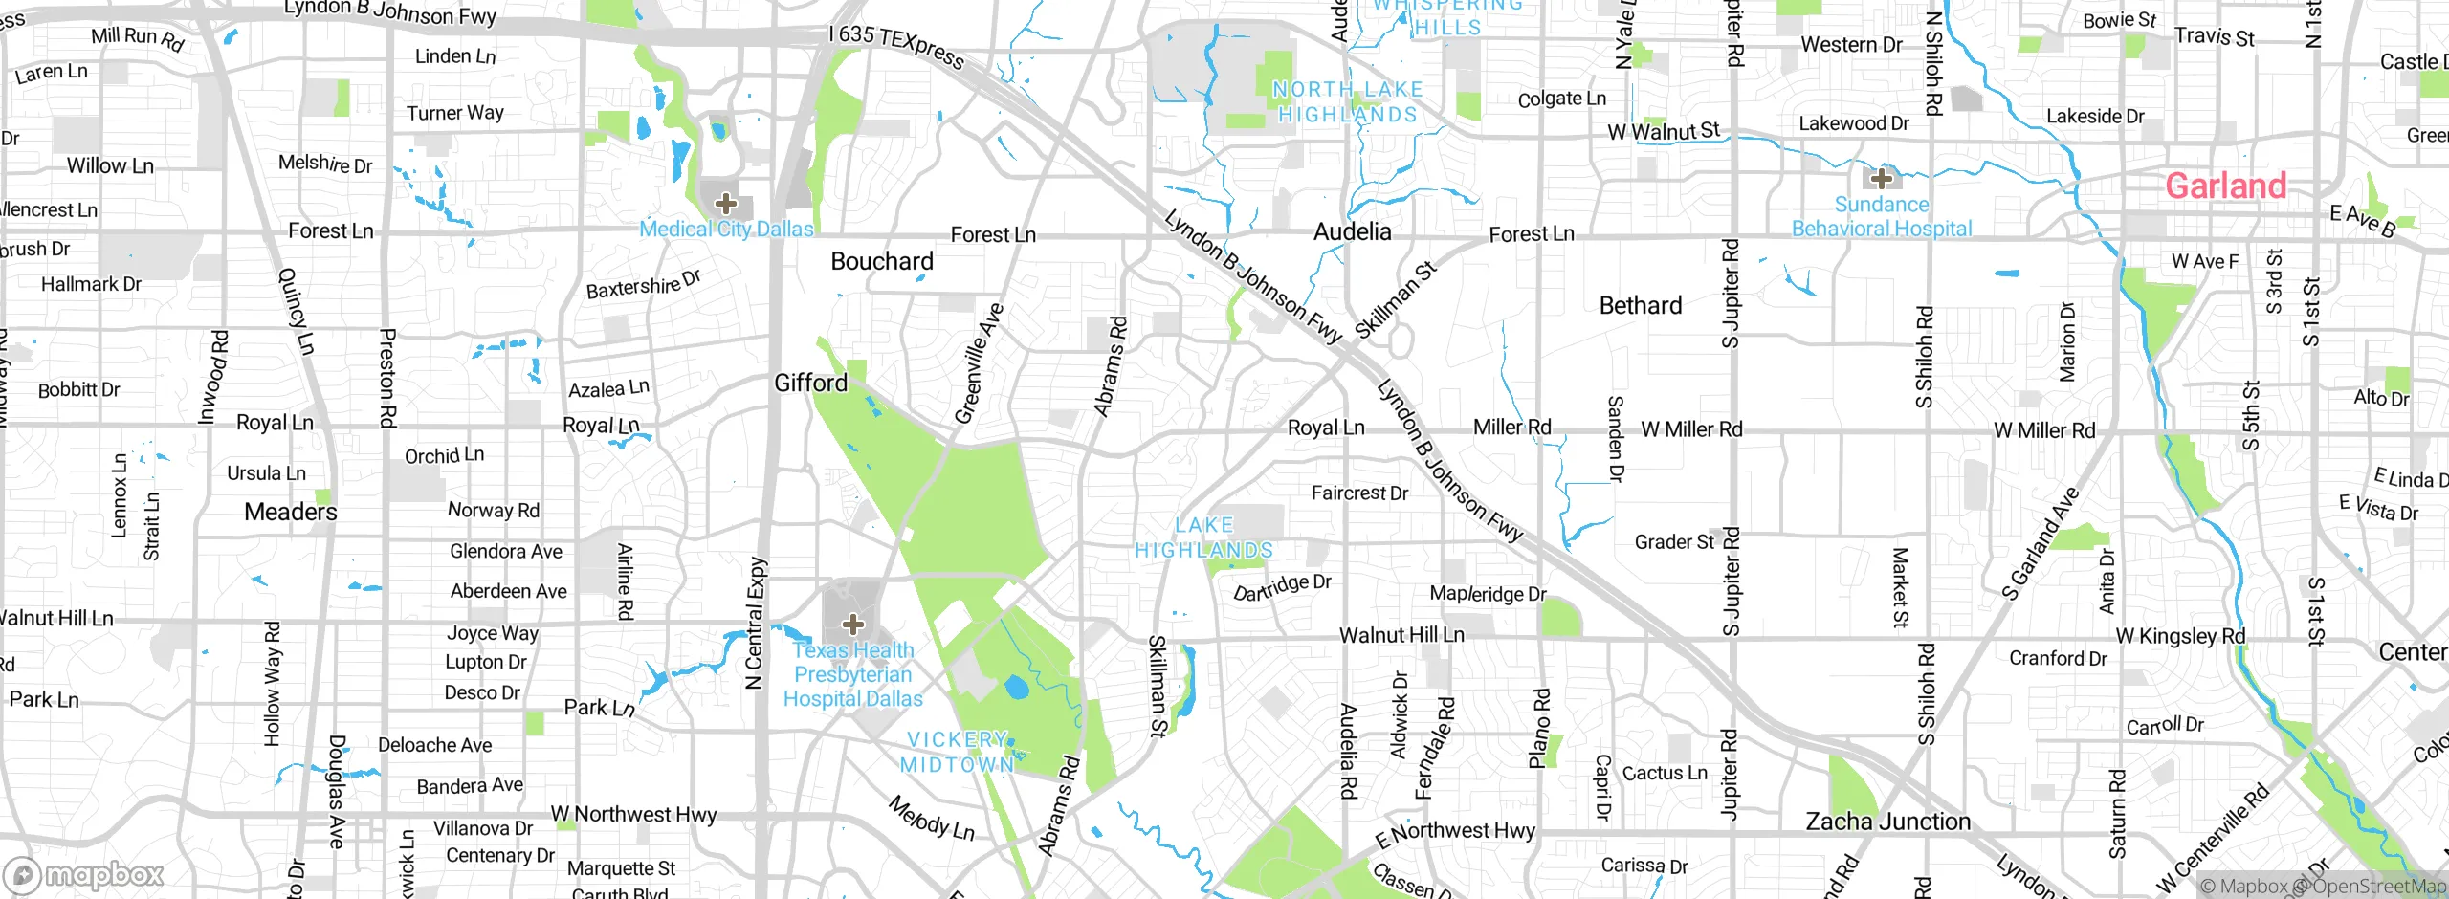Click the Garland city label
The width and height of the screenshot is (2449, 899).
click(x=2225, y=186)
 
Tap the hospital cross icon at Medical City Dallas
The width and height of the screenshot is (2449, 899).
click(x=726, y=204)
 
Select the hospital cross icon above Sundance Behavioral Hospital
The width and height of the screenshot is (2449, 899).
click(x=1881, y=179)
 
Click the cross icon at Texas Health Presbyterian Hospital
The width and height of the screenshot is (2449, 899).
click(x=853, y=625)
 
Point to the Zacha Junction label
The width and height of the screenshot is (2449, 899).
click(x=1887, y=822)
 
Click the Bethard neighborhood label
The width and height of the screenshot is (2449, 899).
click(x=1640, y=306)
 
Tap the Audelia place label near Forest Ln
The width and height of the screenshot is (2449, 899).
click(x=1352, y=232)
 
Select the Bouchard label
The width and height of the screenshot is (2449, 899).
click(x=881, y=262)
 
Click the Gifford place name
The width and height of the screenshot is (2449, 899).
click(x=810, y=384)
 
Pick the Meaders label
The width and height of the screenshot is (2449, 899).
click(x=291, y=513)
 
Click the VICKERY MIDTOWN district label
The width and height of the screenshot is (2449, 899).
click(x=957, y=753)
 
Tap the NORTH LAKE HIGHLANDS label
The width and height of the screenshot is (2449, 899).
click(x=1347, y=102)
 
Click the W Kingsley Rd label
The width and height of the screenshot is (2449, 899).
click(x=2179, y=637)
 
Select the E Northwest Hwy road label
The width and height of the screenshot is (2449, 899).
click(x=1454, y=834)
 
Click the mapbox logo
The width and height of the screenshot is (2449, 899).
click(x=84, y=875)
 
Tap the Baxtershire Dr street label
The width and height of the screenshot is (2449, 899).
click(x=643, y=284)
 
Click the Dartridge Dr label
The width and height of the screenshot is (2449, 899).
click(x=1282, y=588)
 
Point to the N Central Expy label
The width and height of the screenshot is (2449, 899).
click(x=756, y=624)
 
